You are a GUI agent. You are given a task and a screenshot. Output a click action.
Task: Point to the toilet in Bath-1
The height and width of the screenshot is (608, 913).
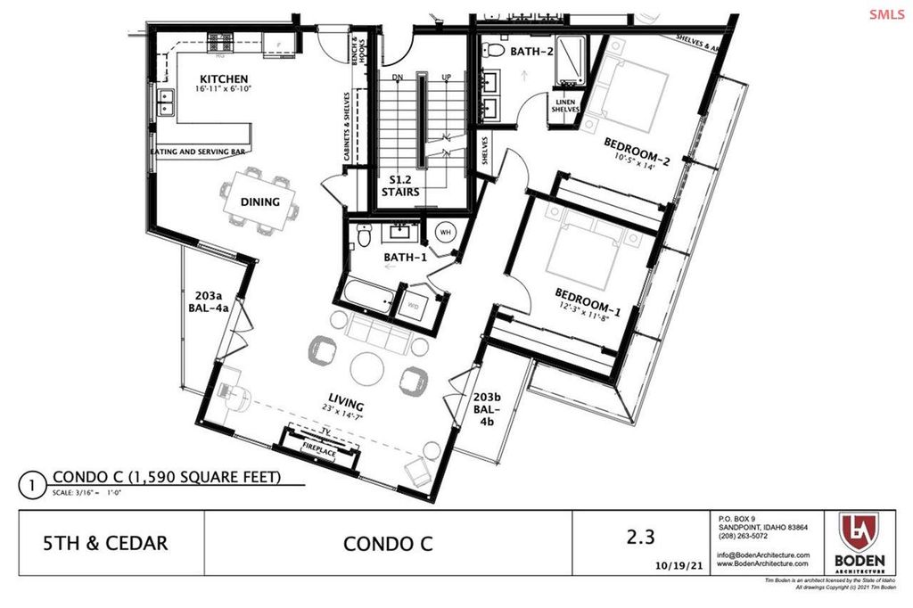coord(362,237)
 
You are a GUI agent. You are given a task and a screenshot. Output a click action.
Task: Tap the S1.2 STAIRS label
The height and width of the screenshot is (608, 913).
coord(400,185)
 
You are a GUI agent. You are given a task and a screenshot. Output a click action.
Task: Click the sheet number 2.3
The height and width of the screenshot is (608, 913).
coord(640,537)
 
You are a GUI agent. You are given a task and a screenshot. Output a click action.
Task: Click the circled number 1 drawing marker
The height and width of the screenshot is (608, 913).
coord(31,487)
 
